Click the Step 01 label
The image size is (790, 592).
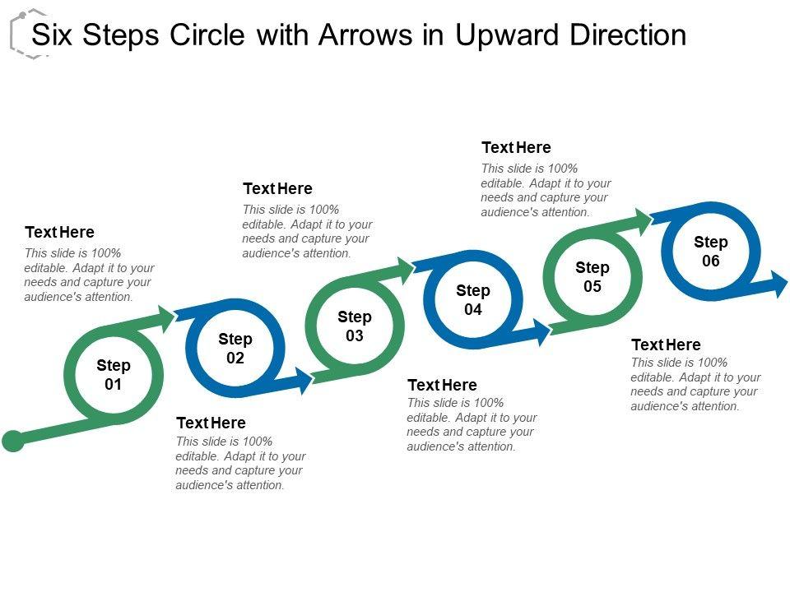[x=114, y=375]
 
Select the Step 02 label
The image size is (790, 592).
[x=235, y=349]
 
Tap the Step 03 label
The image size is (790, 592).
[x=355, y=326]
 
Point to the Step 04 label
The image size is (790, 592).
[x=473, y=300]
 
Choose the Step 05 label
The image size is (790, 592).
[x=592, y=277]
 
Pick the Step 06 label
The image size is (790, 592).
[x=711, y=252]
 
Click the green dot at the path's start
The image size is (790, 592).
[x=13, y=442]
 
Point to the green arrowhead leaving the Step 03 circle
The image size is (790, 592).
[x=404, y=268]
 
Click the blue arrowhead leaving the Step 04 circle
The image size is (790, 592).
[x=541, y=332]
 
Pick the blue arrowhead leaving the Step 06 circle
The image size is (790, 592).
[x=778, y=284]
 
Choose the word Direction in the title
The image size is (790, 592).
[x=634, y=35]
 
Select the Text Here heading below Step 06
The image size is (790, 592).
[x=666, y=345]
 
